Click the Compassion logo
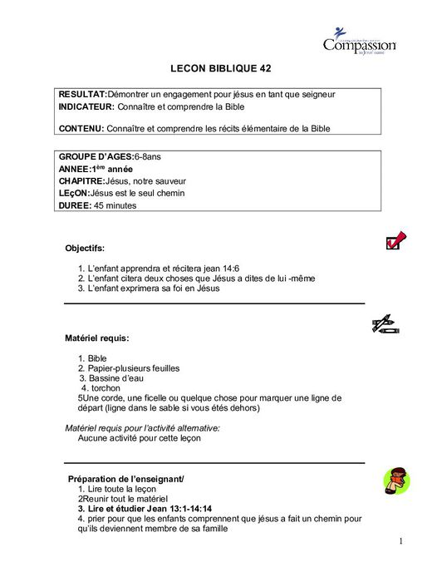(359, 41)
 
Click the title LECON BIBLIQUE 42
(220, 69)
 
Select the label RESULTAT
(82, 95)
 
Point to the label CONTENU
(81, 129)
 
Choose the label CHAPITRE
(81, 181)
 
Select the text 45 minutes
(115, 205)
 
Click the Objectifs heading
(85, 248)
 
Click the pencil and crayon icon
(386, 325)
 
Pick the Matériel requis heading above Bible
(96, 338)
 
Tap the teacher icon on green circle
(396, 480)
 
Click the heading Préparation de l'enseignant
(125, 479)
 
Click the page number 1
(400, 542)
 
